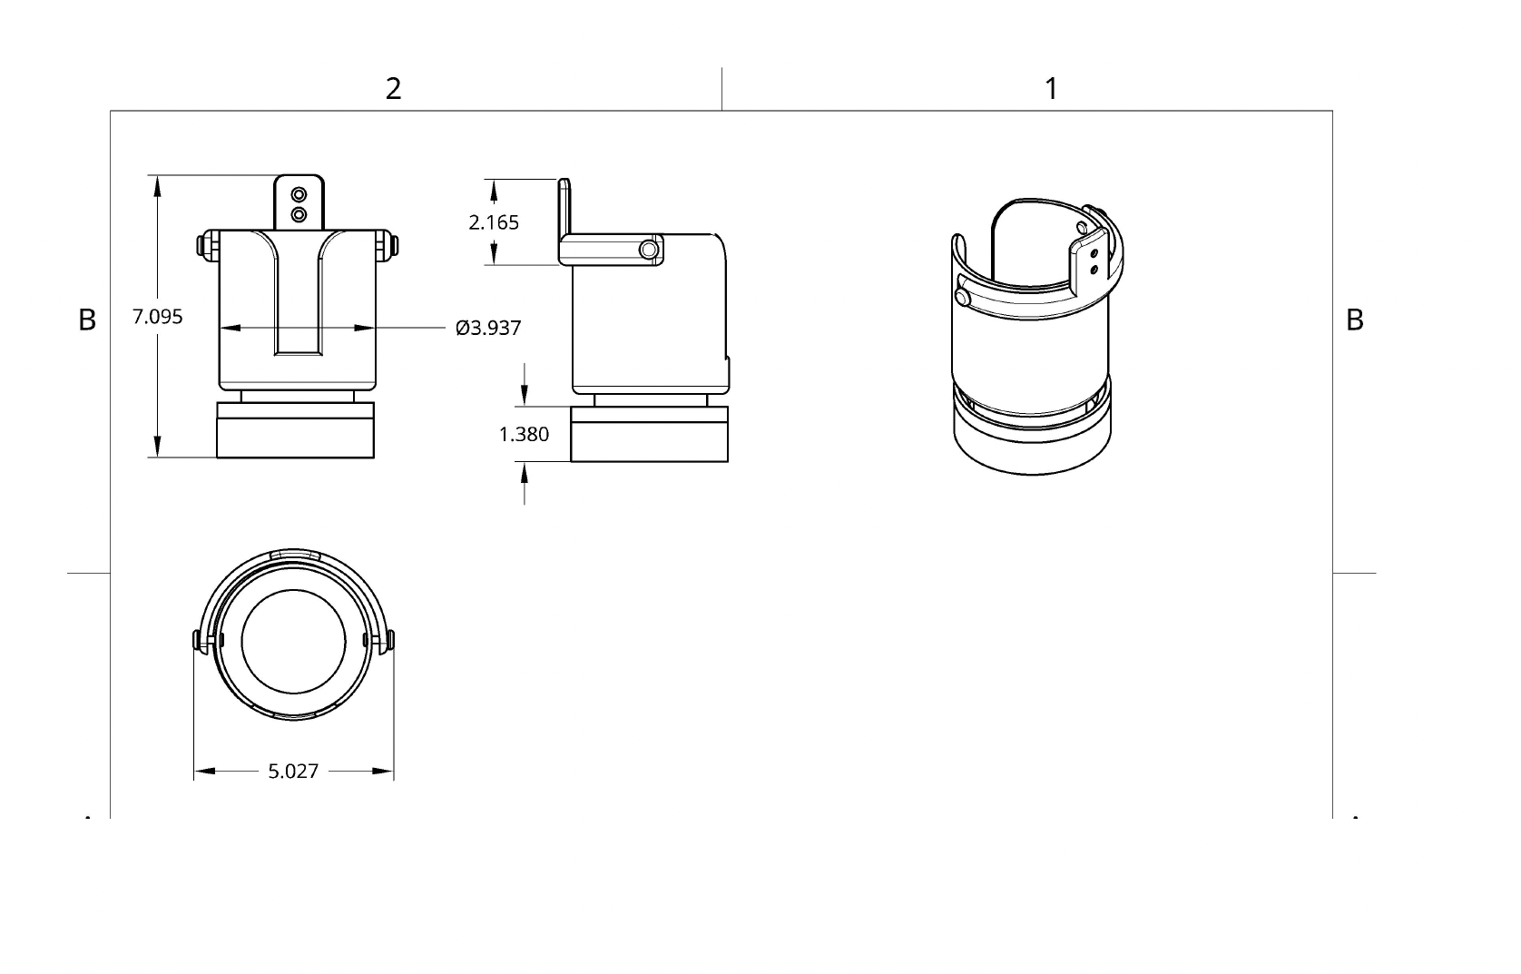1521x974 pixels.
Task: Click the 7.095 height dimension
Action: coord(157,317)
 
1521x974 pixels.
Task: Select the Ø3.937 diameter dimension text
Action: coord(488,328)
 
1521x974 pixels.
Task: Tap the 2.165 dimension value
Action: coord(494,222)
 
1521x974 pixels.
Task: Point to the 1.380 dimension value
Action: coord(524,434)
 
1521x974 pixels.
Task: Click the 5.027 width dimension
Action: coord(293,772)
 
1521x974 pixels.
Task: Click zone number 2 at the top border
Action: coord(393,89)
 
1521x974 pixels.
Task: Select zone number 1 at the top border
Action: coord(1051,89)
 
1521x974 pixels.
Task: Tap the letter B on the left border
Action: coord(87,320)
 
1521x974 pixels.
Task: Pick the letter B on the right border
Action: coord(1354,320)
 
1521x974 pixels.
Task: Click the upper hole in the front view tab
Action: coord(299,195)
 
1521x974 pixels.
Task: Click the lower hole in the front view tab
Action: coord(299,214)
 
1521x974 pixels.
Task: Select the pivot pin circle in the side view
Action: coord(649,250)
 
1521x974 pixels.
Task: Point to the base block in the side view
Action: coord(649,434)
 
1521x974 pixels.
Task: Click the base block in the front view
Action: coord(295,430)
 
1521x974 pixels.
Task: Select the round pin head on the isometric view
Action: coord(963,297)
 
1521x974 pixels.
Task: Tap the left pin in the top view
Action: coord(201,641)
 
